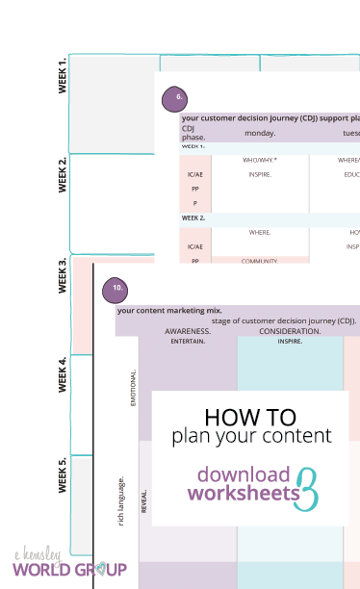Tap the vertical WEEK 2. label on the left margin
point(63,174)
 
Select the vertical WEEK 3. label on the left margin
point(63,276)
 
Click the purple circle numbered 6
point(173,98)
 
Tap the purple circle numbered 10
point(116,288)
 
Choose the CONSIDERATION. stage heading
point(290,331)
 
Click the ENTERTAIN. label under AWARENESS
point(188,341)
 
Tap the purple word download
point(243,474)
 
